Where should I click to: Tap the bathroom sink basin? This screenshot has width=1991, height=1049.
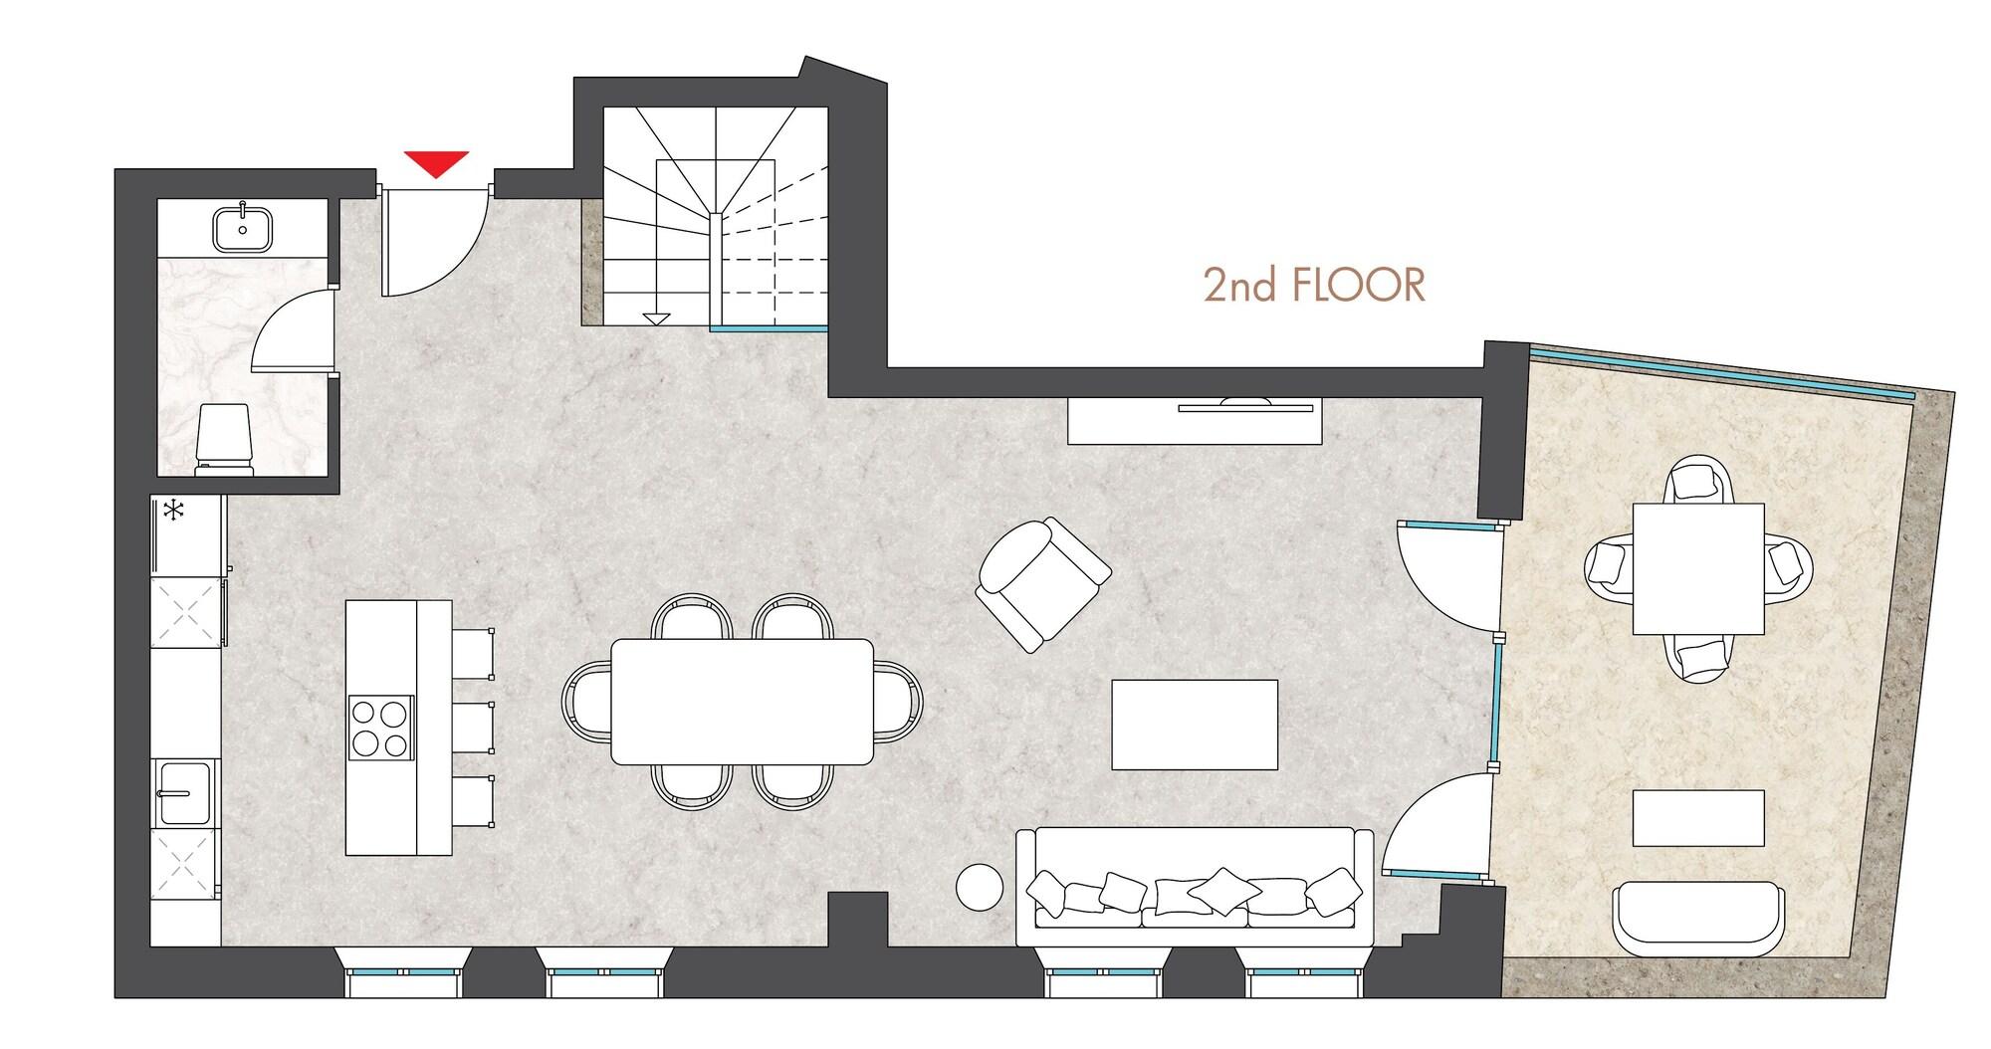pos(243,228)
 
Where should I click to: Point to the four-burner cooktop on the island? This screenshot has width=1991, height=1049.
pos(380,728)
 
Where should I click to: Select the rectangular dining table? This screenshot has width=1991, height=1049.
pos(742,701)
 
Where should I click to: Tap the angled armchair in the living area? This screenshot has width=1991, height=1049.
pos(1041,583)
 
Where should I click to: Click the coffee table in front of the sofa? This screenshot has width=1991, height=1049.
pos(1194,724)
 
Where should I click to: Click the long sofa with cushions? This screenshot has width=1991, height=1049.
pos(1194,889)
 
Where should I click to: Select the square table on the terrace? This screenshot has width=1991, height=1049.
pos(1698,568)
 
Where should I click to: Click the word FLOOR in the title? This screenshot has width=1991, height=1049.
pos(1358,286)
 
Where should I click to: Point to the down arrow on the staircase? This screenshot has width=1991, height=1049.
pos(654,318)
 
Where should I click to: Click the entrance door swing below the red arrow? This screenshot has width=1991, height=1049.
pos(428,242)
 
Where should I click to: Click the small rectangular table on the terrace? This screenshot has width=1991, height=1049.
pos(1698,817)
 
